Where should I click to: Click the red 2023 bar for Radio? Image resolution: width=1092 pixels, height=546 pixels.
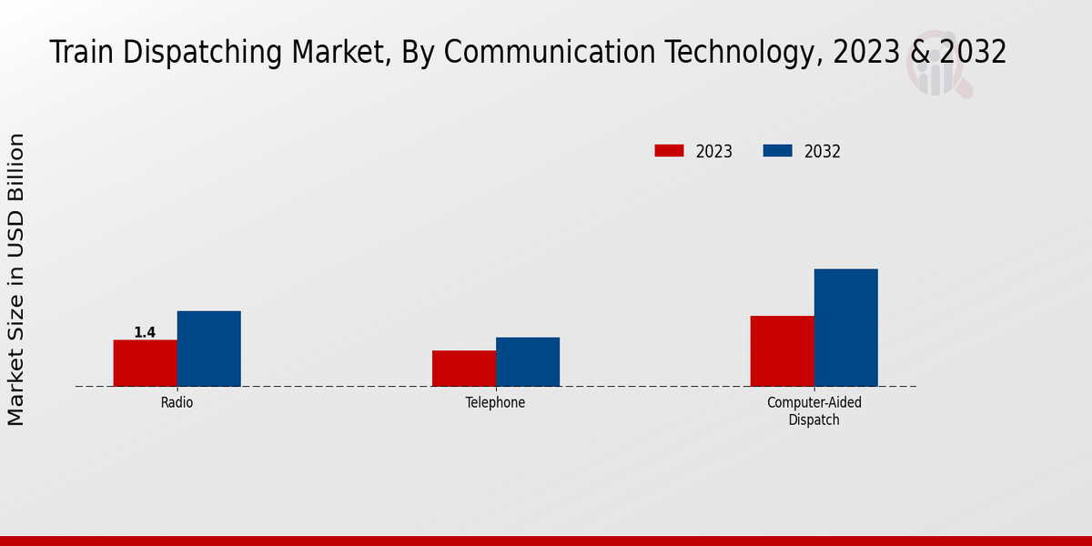145,363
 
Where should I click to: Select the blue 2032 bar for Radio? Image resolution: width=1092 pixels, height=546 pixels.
208,349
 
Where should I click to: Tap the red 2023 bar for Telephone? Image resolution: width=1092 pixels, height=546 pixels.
463,369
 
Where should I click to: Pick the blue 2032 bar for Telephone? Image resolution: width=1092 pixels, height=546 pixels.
527,362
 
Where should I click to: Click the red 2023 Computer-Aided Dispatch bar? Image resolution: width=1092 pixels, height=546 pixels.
782,351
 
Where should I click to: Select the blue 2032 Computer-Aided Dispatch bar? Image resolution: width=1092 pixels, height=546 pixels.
845,328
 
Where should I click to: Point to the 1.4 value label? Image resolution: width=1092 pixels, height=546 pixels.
145,333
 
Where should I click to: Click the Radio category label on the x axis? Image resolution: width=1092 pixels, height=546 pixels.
177,402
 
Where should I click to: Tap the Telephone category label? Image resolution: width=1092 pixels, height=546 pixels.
495,402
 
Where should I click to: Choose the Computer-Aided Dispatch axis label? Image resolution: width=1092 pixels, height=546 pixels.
814,411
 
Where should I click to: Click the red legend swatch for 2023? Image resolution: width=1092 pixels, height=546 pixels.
669,151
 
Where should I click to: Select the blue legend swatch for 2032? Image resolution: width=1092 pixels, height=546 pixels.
777,151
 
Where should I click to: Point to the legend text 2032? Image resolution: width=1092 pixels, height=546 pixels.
822,152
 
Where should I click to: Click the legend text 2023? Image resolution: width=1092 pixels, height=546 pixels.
713,152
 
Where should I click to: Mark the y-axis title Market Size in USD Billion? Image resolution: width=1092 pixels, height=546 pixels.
16,278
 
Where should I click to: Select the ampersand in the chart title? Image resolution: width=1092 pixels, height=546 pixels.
918,53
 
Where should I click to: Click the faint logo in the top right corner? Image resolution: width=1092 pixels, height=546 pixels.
937,71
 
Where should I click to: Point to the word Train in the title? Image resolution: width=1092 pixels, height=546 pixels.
81,53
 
